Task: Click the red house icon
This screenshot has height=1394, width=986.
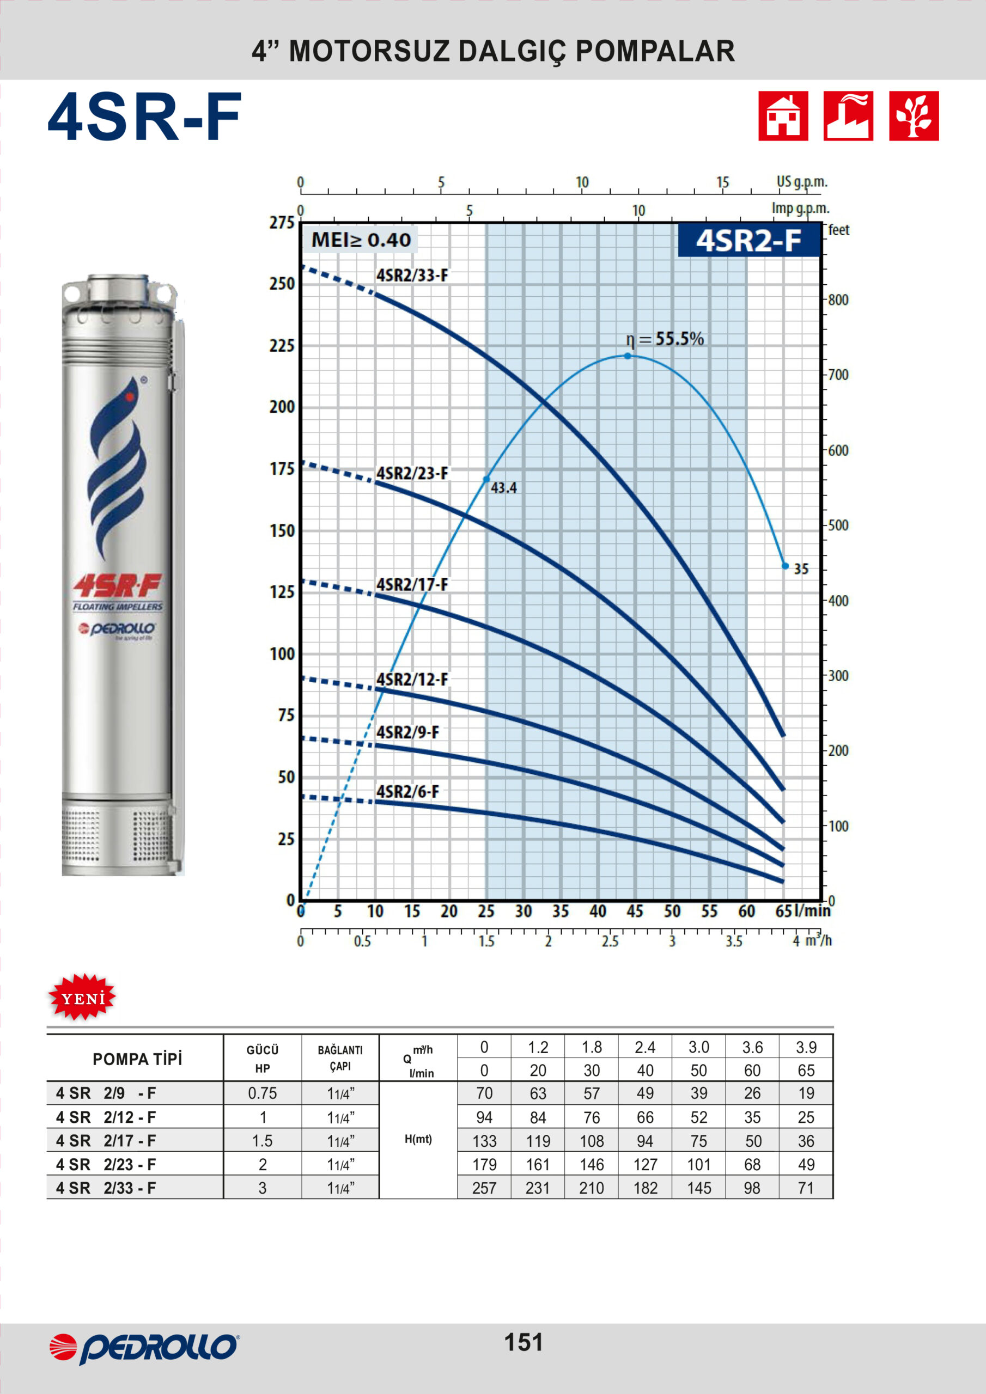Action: click(783, 116)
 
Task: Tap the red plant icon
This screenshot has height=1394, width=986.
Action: click(914, 116)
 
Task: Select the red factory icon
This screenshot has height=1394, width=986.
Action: click(849, 116)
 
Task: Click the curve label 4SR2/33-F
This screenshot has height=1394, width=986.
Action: click(412, 276)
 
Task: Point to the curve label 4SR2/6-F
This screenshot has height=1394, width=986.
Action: click(407, 792)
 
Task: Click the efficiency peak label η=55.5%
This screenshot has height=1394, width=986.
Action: click(665, 339)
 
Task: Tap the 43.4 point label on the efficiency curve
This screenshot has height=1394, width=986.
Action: click(504, 487)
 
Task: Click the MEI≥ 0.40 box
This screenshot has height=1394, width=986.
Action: click(361, 240)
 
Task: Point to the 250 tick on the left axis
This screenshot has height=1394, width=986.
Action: click(282, 284)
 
